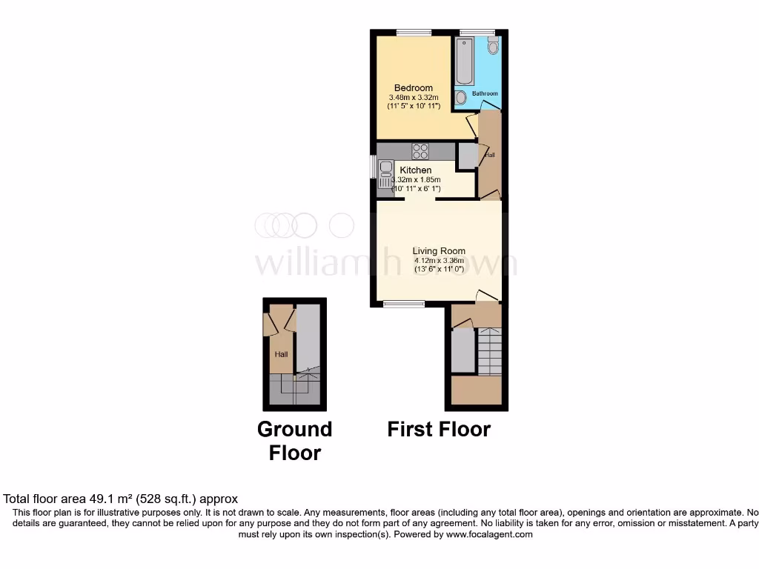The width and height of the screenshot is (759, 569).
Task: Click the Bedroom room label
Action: [x=413, y=88]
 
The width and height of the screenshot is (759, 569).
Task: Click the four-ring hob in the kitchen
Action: [x=420, y=150]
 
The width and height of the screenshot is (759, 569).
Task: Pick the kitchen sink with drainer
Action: [x=385, y=176]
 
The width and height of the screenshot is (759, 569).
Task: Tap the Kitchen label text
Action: [x=415, y=170]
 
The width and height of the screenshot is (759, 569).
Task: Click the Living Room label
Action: [x=439, y=251]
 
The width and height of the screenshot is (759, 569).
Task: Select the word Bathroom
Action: [x=485, y=94]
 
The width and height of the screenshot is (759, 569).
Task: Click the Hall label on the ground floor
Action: [x=282, y=354]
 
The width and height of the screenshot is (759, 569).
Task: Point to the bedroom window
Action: [x=414, y=32]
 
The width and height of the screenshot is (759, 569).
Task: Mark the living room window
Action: [x=404, y=303]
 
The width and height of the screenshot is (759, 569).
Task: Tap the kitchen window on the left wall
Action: [x=374, y=167]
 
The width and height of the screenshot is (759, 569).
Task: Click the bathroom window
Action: [x=477, y=32]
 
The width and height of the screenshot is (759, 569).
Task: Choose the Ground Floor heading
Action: [x=294, y=441]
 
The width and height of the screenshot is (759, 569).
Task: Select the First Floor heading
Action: [x=439, y=429]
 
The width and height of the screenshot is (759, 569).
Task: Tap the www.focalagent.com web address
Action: [x=488, y=534]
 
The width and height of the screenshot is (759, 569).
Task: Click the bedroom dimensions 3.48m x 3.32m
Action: [x=414, y=97]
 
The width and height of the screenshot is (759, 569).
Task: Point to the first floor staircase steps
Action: [x=489, y=352]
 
